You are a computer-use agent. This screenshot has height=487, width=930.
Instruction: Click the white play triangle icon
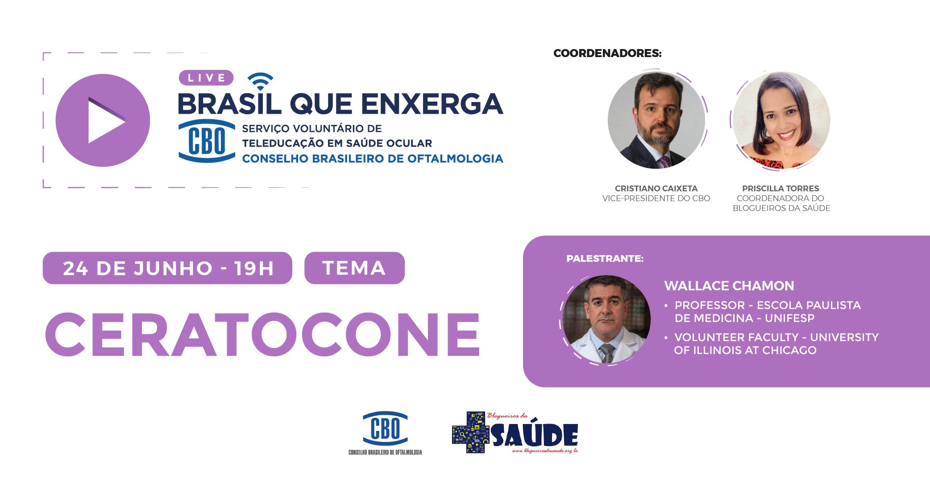(104, 120)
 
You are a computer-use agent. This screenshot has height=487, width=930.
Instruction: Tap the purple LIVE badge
(206, 78)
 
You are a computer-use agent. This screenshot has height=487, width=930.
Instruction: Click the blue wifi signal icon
(260, 81)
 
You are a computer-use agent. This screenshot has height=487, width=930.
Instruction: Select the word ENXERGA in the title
(432, 104)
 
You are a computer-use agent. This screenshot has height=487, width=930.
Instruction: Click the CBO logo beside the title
(207, 141)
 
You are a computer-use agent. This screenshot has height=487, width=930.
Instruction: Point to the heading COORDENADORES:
(607, 54)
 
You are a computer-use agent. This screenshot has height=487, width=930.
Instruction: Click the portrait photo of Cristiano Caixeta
(656, 120)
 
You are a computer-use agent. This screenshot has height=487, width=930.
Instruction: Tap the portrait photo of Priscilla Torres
(781, 120)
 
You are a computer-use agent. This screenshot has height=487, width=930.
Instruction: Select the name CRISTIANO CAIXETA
(656, 189)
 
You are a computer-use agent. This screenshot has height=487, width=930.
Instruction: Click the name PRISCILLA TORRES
(781, 189)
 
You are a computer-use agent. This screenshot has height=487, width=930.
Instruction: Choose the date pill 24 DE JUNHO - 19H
(167, 268)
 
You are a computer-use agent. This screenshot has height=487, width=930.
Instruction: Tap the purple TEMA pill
(354, 268)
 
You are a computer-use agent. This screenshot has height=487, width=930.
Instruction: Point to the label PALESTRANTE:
(605, 259)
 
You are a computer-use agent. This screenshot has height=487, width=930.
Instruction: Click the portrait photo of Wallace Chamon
(606, 319)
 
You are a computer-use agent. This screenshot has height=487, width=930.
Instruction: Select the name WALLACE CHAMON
(729, 286)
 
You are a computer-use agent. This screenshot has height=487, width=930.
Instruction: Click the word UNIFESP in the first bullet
(789, 318)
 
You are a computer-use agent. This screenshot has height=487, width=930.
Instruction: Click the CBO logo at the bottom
(385, 429)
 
